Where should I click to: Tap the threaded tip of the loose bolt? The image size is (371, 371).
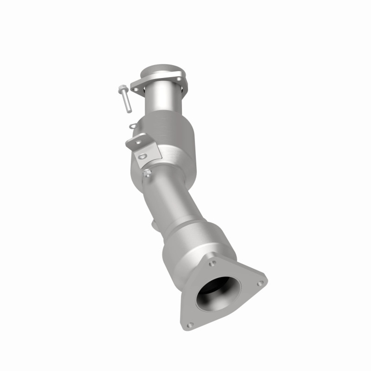coord(129,111)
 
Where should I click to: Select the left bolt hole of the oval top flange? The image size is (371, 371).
coord(135,90)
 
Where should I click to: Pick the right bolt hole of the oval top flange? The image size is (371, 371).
coord(179,79)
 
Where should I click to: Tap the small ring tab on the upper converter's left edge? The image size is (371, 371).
coord(133,126)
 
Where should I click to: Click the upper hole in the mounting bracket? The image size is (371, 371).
coord(138,142)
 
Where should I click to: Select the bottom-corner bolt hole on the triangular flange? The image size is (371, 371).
coord(190,325)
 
